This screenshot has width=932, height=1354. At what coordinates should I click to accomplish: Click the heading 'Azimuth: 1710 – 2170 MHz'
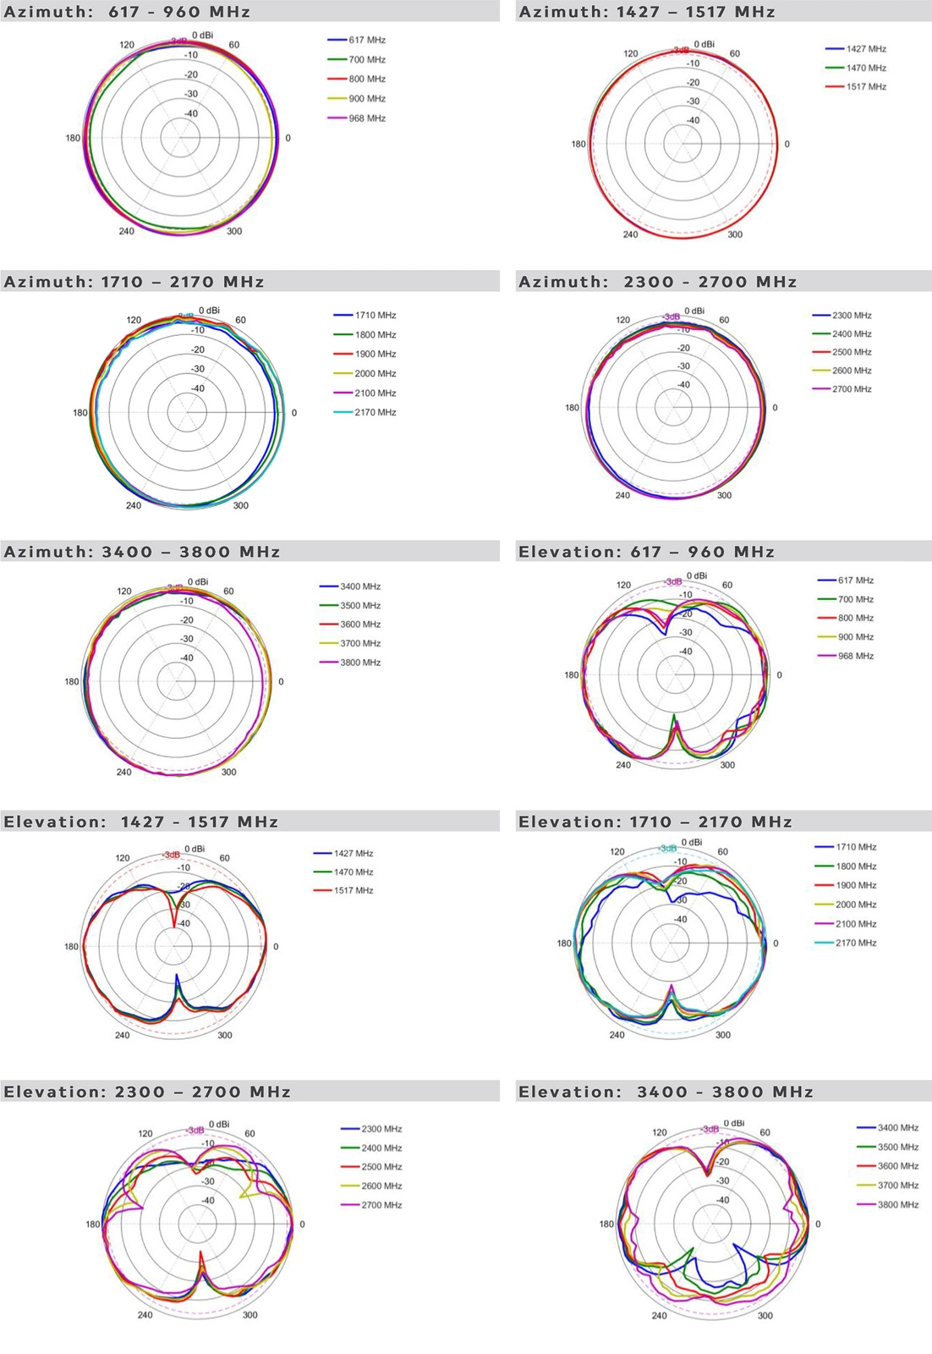(x=134, y=282)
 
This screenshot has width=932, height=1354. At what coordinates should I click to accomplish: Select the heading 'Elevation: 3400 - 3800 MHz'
(x=666, y=1092)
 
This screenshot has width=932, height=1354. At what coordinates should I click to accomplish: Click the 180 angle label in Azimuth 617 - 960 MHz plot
(x=73, y=138)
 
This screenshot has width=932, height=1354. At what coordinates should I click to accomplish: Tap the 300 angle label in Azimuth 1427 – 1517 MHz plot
(x=735, y=234)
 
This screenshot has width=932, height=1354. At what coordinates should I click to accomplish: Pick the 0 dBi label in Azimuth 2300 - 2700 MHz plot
(x=694, y=311)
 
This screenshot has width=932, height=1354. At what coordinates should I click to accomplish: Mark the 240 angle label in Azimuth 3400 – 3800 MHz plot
(x=123, y=772)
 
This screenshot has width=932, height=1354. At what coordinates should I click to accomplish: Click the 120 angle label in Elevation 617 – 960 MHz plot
(x=623, y=585)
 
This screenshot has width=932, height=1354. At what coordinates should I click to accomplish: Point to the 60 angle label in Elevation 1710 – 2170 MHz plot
(x=722, y=852)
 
